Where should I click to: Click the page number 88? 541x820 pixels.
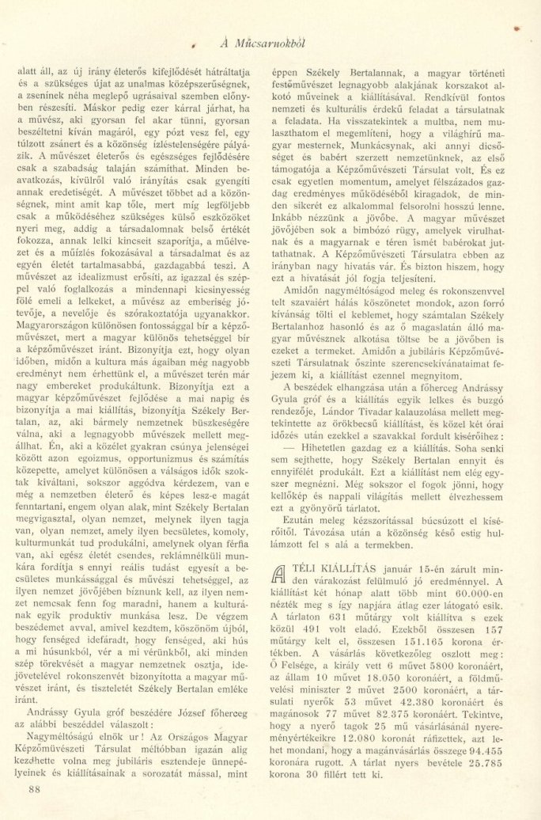(x=34, y=788)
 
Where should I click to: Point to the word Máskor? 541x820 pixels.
(x=84, y=108)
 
